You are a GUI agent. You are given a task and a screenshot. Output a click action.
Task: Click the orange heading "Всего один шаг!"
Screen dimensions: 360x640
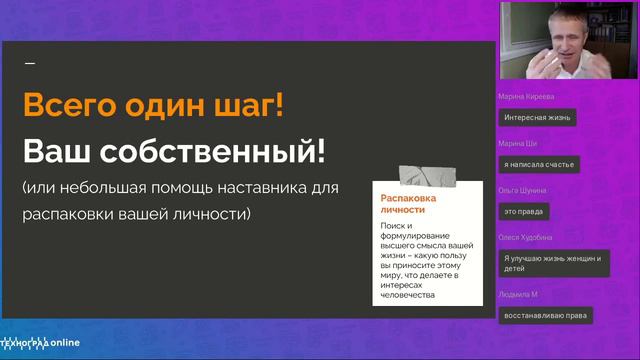[153, 106]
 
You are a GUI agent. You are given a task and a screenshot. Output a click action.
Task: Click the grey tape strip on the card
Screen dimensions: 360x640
[427, 176]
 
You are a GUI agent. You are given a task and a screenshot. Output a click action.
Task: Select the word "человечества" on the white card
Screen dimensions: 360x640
[406, 295]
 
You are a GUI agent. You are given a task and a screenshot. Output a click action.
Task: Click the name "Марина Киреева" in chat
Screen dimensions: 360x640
[525, 97]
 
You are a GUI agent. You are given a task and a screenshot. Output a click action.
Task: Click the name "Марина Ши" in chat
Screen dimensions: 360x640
[517, 144]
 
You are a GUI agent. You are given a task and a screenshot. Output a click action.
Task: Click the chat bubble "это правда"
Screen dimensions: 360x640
[524, 211]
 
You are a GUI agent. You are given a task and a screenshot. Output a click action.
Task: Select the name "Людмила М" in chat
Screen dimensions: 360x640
[518, 294]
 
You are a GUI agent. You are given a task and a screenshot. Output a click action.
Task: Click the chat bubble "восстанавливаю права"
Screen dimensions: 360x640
[545, 314]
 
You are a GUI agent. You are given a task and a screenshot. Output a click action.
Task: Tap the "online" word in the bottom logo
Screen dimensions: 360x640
[62, 341]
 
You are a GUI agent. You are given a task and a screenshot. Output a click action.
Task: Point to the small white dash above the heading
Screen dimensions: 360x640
[29, 63]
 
